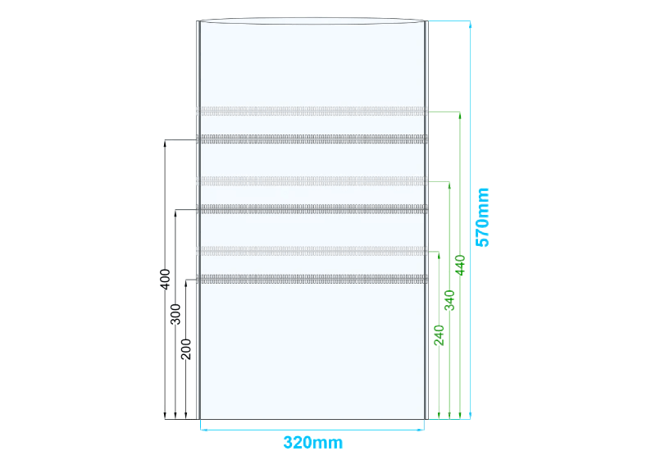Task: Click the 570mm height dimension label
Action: tap(482, 217)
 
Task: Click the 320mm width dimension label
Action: tap(313, 442)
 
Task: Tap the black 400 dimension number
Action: tap(166, 279)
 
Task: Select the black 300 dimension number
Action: tap(175, 314)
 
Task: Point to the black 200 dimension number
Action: tap(186, 349)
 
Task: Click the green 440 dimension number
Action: tap(460, 265)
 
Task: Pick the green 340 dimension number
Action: tap(449, 300)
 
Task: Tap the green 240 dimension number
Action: tap(439, 335)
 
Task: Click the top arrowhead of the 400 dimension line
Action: tap(165, 143)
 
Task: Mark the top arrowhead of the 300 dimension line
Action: tap(175, 213)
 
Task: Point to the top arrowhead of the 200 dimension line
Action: tap(186, 283)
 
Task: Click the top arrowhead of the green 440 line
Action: tap(460, 116)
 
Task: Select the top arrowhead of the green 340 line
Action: tap(449, 185)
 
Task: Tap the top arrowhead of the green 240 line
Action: tap(439, 255)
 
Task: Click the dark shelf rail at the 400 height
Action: tap(312, 139)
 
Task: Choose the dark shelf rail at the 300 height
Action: tap(312, 209)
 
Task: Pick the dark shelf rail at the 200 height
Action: tap(312, 279)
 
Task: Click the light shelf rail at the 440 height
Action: tap(312, 111)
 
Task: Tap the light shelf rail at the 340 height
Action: tap(312, 180)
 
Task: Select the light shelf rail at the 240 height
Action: tap(312, 251)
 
